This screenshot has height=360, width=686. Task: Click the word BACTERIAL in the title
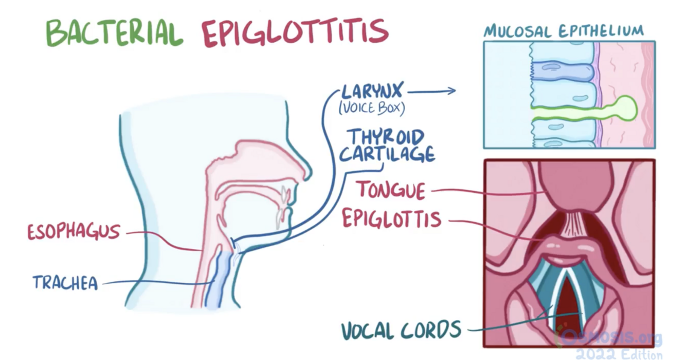(114, 32)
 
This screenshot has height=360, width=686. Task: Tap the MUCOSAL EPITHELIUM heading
(564, 30)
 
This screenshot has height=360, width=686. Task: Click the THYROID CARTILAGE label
(391, 146)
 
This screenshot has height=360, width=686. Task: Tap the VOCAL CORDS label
(401, 330)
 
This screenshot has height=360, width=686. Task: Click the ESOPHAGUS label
(73, 231)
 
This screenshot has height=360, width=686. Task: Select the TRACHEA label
(65, 282)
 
